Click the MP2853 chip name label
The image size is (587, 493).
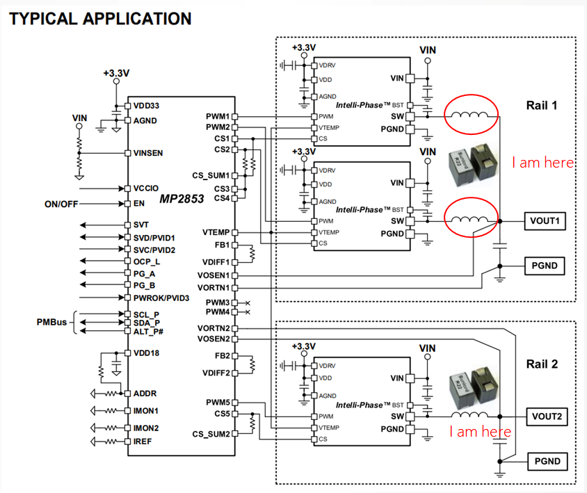[182, 199]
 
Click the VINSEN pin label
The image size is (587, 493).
[149, 153]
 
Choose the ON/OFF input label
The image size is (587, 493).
[62, 204]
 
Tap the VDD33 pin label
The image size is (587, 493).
[146, 106]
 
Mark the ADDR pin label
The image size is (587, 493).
[145, 394]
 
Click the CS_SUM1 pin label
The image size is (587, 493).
[210, 176]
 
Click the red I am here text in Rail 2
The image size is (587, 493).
[480, 432]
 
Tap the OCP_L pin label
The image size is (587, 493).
[147, 261]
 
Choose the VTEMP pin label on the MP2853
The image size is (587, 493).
[216, 232]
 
